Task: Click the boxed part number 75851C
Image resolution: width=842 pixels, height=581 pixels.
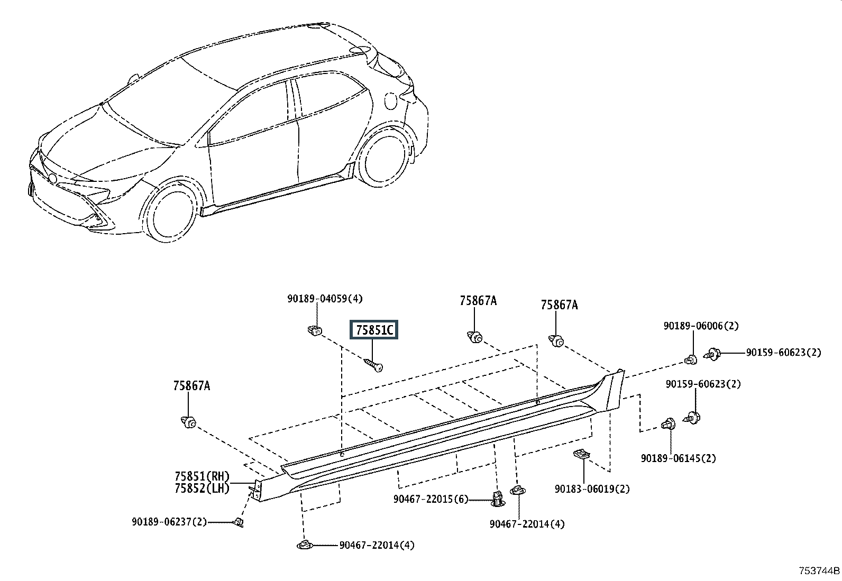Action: click(373, 330)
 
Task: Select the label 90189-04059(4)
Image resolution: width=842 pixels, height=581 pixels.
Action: click(325, 299)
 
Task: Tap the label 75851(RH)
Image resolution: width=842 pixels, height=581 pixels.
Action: click(202, 476)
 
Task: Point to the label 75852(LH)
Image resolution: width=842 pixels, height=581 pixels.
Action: click(202, 488)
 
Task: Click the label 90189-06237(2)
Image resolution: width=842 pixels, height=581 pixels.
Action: click(169, 522)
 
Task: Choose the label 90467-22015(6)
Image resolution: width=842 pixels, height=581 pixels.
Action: click(431, 499)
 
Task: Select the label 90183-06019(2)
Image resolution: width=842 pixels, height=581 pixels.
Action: click(592, 489)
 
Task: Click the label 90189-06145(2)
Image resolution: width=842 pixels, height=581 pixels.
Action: click(679, 458)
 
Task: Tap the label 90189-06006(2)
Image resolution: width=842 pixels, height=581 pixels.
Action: click(701, 326)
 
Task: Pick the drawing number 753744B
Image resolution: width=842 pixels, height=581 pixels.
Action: click(819, 571)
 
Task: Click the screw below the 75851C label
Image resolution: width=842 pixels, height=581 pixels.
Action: click(373, 365)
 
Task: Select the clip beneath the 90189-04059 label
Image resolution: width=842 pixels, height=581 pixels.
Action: click(315, 331)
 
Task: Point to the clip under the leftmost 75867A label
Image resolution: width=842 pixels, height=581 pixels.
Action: click(188, 423)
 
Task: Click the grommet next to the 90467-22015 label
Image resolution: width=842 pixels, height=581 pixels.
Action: click(498, 499)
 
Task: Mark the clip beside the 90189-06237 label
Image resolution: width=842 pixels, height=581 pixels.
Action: click(239, 522)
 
